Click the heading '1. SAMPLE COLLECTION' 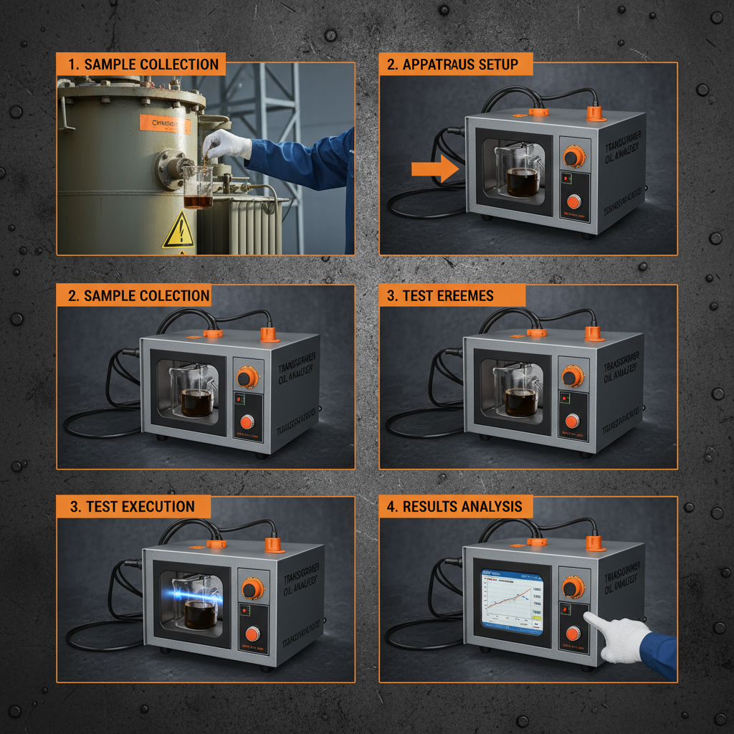(141, 64)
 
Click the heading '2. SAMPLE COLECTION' (134, 295)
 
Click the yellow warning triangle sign (177, 232)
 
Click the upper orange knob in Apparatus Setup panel (573, 156)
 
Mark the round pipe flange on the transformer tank (168, 169)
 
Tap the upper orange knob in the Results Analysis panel (573, 587)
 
